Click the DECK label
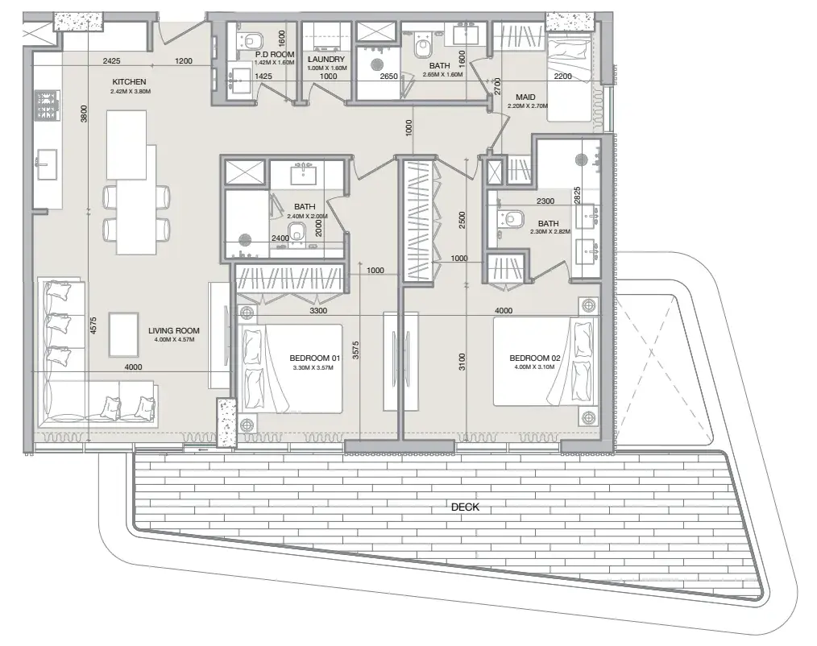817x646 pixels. (x=465, y=507)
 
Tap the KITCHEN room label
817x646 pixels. (x=129, y=82)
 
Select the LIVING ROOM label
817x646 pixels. (x=173, y=330)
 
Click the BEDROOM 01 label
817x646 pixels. (x=314, y=358)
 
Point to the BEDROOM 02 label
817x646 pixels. (x=534, y=358)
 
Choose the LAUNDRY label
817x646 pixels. (x=326, y=60)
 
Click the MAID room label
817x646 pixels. (x=525, y=97)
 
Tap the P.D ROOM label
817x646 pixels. (x=275, y=54)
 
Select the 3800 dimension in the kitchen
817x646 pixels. (x=85, y=114)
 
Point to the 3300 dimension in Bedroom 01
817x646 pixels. (x=317, y=310)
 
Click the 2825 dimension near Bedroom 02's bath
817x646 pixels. (x=577, y=196)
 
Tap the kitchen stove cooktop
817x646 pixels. (x=48, y=106)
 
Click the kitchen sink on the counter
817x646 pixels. (x=47, y=164)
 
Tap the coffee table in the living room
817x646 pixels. (x=123, y=334)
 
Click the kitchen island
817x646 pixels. (x=126, y=145)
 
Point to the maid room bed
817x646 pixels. (x=569, y=78)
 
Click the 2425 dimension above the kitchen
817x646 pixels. (x=111, y=61)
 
